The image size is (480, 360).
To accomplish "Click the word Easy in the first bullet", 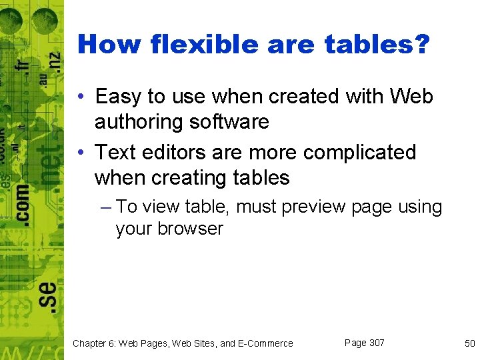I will (117, 97).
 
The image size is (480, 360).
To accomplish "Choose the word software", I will (231, 122).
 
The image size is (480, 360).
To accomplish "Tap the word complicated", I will (359, 152).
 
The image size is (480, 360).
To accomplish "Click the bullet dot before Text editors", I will (79, 153).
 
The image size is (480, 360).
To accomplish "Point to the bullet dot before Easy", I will (79, 97).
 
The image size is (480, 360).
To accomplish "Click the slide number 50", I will (469, 343).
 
